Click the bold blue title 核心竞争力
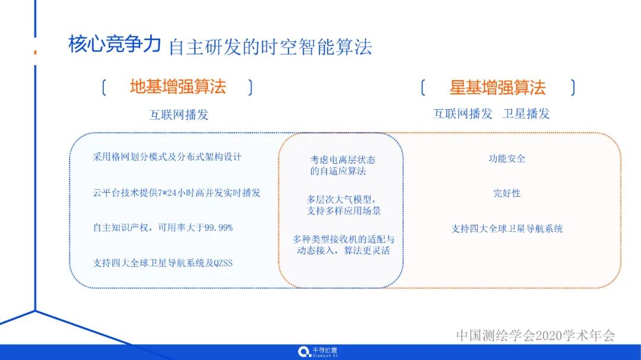click(x=115, y=45)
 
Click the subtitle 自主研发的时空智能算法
click(x=270, y=47)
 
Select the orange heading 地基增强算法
click(x=177, y=87)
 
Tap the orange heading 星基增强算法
click(x=497, y=88)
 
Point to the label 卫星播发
click(x=526, y=114)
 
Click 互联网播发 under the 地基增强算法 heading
click(x=179, y=114)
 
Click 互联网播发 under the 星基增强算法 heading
click(x=462, y=114)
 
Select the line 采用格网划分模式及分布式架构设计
click(x=167, y=157)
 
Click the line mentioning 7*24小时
click(x=176, y=193)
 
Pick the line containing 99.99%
click(x=163, y=228)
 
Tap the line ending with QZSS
click(x=163, y=263)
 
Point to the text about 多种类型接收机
click(x=343, y=245)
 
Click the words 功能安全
click(x=507, y=158)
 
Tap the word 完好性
click(x=507, y=193)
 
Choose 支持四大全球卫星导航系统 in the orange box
click(x=507, y=228)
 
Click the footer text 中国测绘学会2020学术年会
click(x=535, y=335)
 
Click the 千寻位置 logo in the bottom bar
click(x=318, y=352)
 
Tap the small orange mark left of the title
click(x=35, y=53)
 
